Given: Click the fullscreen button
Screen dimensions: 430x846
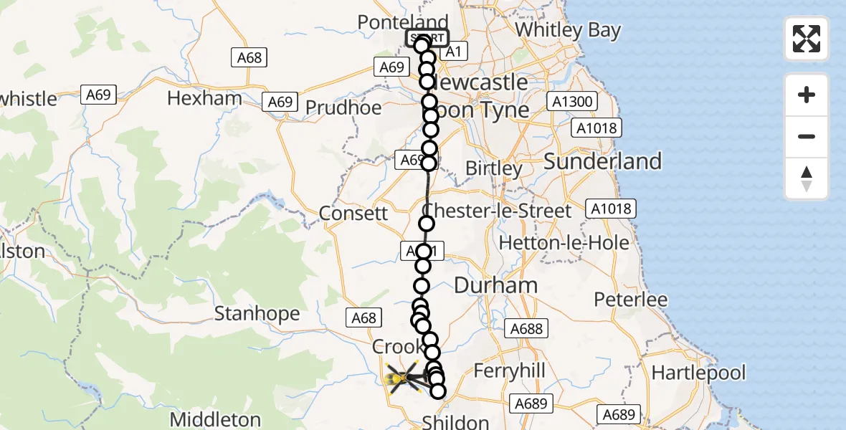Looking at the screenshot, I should pos(807,39).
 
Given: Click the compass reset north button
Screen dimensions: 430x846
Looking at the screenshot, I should pos(807,178).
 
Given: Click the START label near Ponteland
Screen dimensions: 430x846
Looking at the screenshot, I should pos(427,38).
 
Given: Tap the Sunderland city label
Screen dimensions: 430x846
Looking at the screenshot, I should pos(602,161).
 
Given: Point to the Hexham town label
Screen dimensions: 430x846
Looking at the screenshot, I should pos(204,99).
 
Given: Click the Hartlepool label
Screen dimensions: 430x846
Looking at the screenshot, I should pos(699,373).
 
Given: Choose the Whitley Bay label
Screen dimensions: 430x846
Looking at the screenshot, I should pos(568,30).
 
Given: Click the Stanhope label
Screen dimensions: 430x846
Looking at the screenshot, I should pos(257,314).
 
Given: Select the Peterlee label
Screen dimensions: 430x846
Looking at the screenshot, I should pos(631,300).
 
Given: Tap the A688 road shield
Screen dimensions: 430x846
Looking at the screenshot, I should pos(527,329).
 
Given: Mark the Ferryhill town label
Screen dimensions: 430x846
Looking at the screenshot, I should pos(510,371).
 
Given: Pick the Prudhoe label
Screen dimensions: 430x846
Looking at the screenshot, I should pos(343,107).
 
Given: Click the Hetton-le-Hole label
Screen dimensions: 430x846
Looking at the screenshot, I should pos(564,242).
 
